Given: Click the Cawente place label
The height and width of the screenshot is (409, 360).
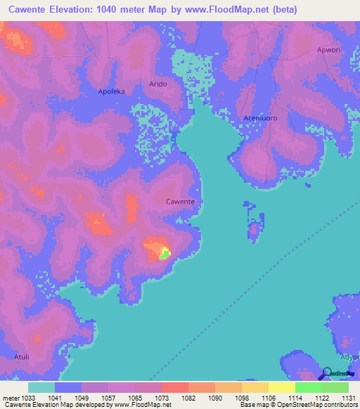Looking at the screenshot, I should [180, 202].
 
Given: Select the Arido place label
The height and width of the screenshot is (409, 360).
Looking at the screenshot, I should [157, 84].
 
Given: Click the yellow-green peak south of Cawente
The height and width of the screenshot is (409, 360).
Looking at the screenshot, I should [164, 253].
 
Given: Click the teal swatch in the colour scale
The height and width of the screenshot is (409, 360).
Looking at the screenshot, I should [41, 387].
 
